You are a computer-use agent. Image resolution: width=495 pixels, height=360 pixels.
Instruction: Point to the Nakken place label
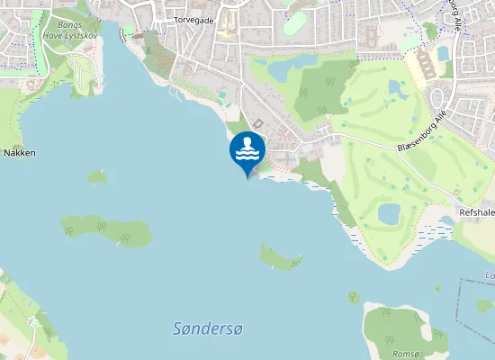19,153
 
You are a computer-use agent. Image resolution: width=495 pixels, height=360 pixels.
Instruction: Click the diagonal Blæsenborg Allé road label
421,133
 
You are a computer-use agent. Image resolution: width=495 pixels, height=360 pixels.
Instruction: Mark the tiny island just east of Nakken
97,176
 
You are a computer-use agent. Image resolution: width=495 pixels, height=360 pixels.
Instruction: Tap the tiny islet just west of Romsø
355,298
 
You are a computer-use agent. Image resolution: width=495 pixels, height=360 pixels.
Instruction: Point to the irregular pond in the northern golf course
397,88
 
